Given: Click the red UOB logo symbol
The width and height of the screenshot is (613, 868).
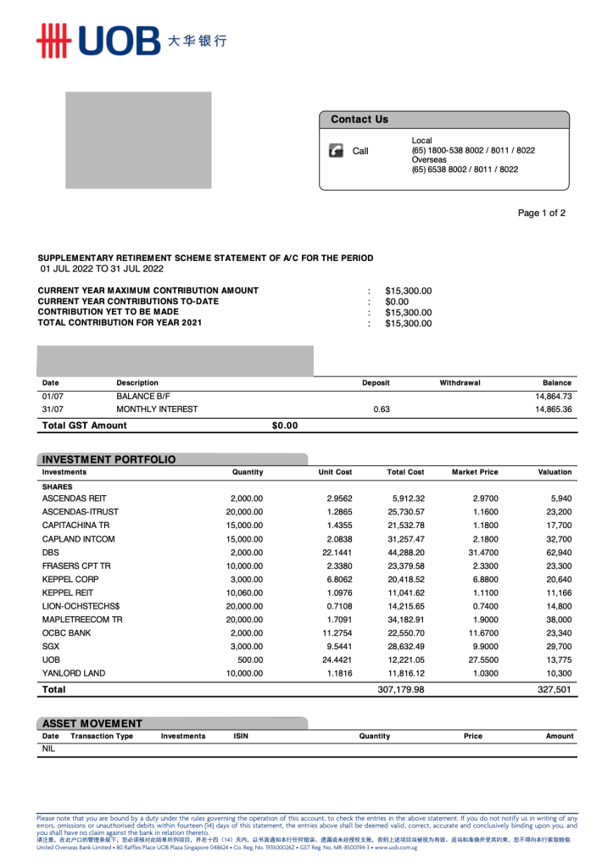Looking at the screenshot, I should coord(52,41).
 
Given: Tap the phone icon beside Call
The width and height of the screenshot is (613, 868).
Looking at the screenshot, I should coord(335,151).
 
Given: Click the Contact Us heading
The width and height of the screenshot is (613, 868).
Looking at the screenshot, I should coord(359,120).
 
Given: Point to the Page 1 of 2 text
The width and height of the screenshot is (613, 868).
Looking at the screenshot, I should coord(542,214).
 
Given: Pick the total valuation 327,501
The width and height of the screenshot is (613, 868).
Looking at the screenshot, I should coord(554,690).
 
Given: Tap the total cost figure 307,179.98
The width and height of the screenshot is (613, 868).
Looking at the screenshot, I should coord(401,690).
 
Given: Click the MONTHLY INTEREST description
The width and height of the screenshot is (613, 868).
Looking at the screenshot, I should coord(157,409).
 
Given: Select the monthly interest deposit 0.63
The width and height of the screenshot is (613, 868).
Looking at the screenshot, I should coord(382,409).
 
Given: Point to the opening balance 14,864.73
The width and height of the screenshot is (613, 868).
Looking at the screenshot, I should coord(554,396).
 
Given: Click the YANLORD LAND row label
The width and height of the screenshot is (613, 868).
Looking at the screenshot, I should coord(74,673).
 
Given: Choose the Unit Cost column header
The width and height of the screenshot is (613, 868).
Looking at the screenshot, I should coord(335,472).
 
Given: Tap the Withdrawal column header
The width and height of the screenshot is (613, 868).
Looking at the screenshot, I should coord(460,383).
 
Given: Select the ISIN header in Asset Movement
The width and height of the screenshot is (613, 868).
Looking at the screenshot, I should coord(241,737).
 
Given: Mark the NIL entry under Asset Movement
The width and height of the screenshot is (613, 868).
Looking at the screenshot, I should coord(48,749).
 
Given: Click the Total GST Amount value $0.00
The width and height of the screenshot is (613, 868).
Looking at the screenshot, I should coord(285,426).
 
